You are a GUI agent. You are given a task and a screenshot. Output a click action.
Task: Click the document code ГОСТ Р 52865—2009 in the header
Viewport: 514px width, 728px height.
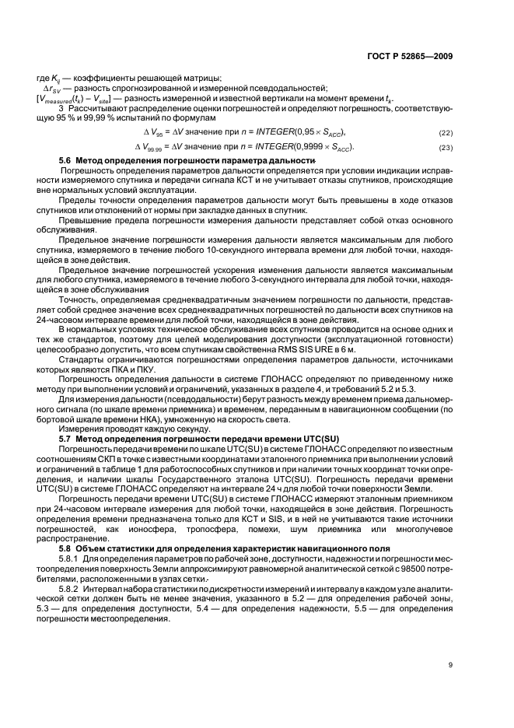(x=411, y=56)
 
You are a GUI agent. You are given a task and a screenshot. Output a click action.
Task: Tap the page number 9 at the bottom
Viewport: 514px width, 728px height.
(x=450, y=663)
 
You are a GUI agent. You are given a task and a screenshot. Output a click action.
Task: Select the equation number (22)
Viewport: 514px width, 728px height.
(x=446, y=132)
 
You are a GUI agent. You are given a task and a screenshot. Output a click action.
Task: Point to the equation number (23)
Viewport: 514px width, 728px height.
(x=446, y=147)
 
